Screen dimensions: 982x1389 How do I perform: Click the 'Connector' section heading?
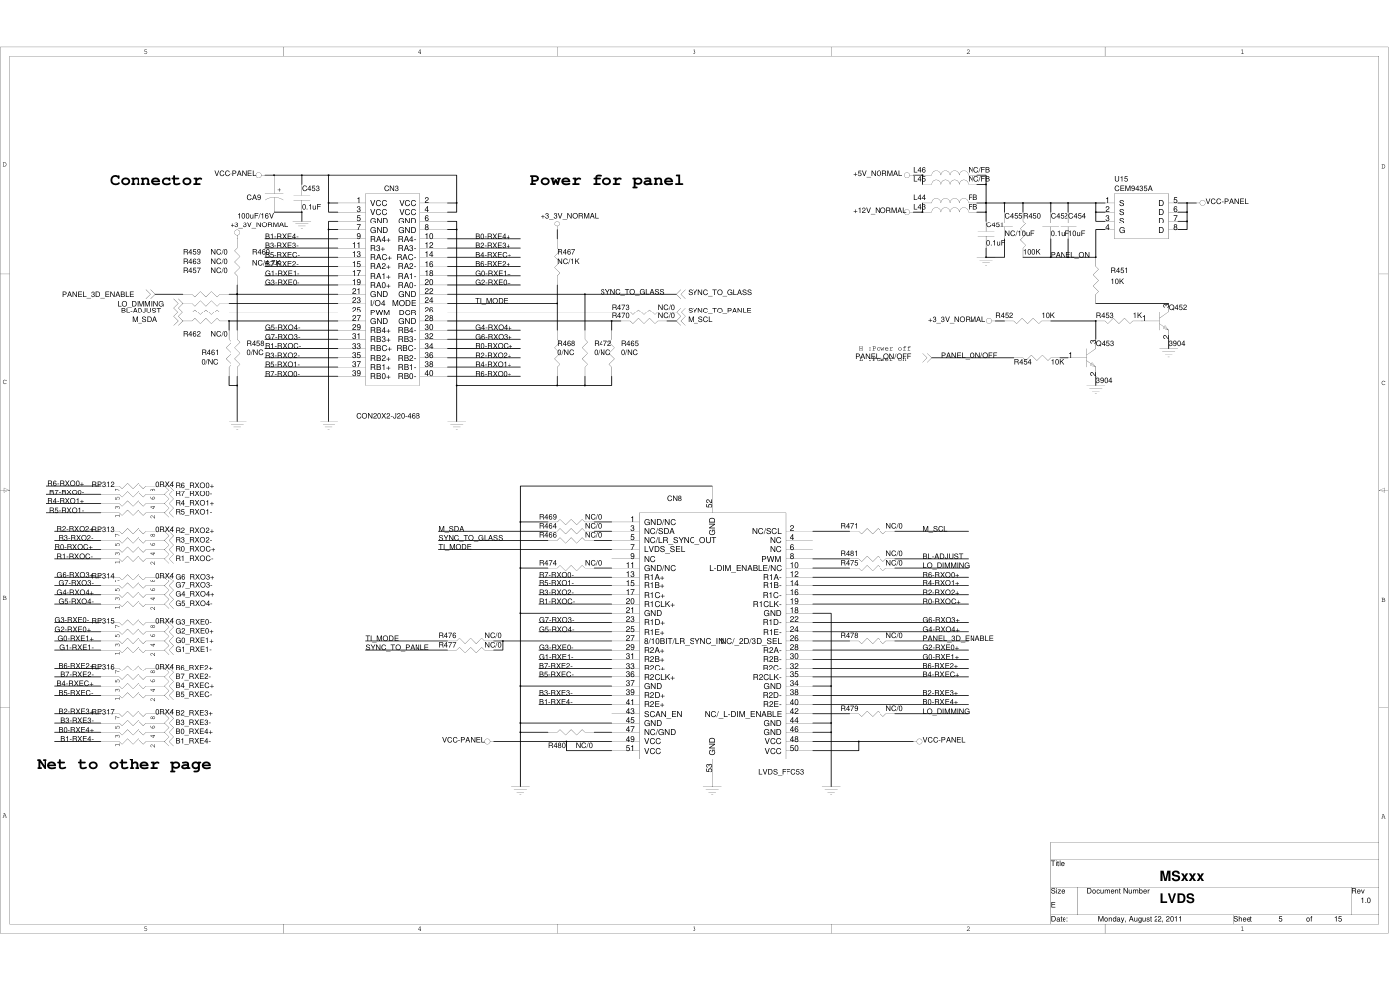pyautogui.click(x=155, y=180)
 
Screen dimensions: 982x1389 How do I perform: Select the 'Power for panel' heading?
pyautogui.click(x=605, y=180)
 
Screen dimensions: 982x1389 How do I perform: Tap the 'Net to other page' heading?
pyautogui.click(x=124, y=764)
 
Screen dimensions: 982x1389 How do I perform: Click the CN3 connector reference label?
pyautogui.click(x=391, y=188)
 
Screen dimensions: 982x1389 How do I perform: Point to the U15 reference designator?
pyautogui.click(x=1121, y=180)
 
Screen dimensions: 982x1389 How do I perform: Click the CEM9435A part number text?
pyautogui.click(x=1133, y=188)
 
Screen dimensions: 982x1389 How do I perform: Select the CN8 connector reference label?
pyautogui.click(x=674, y=498)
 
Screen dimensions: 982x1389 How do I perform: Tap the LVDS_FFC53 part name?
pyautogui.click(x=782, y=773)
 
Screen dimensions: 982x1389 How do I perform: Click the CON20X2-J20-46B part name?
pyautogui.click(x=389, y=416)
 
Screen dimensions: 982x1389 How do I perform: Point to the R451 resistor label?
pyautogui.click(x=1119, y=270)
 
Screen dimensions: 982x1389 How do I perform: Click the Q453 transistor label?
pyautogui.click(x=1105, y=344)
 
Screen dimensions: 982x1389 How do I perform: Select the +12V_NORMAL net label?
pyautogui.click(x=879, y=211)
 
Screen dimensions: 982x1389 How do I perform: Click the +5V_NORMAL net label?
pyautogui.click(x=877, y=174)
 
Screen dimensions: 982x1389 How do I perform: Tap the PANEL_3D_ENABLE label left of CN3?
pyautogui.click(x=98, y=295)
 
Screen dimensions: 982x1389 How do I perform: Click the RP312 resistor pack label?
pyautogui.click(x=103, y=485)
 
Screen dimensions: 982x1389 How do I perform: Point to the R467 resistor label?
pyautogui.click(x=566, y=253)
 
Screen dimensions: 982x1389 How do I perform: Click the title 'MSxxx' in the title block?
pyautogui.click(x=1181, y=876)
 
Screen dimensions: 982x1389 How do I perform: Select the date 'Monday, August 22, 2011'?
pyautogui.click(x=1140, y=919)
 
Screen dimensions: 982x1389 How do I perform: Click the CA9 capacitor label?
pyautogui.click(x=254, y=197)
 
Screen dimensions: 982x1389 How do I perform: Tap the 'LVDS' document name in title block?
pyautogui.click(x=1177, y=899)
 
